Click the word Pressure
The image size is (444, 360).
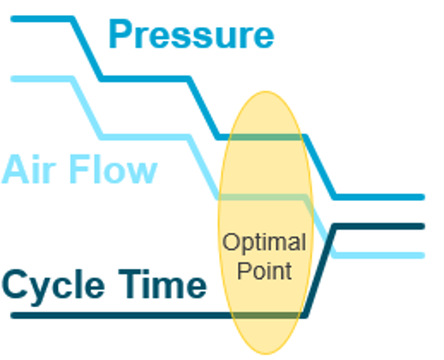[x=191, y=35]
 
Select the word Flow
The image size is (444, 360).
[x=113, y=169]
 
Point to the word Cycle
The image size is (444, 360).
[x=53, y=287]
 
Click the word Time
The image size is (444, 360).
[x=163, y=284]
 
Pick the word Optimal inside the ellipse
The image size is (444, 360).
[x=264, y=243]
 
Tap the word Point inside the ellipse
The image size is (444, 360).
[x=264, y=270]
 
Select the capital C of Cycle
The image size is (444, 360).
[x=15, y=285]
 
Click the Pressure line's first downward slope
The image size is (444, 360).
[x=87, y=49]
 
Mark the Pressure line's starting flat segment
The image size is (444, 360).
[x=42, y=20]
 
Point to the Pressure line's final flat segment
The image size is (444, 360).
[x=379, y=197]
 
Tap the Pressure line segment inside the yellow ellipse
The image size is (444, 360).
[x=266, y=137]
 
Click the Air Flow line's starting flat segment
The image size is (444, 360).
[x=42, y=79]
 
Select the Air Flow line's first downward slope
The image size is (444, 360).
[x=87, y=108]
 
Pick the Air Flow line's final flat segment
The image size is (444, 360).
[x=379, y=255]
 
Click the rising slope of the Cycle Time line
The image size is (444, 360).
[x=320, y=271]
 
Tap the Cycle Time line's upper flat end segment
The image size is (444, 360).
[x=379, y=227]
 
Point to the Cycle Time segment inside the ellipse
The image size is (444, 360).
[x=266, y=316]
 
